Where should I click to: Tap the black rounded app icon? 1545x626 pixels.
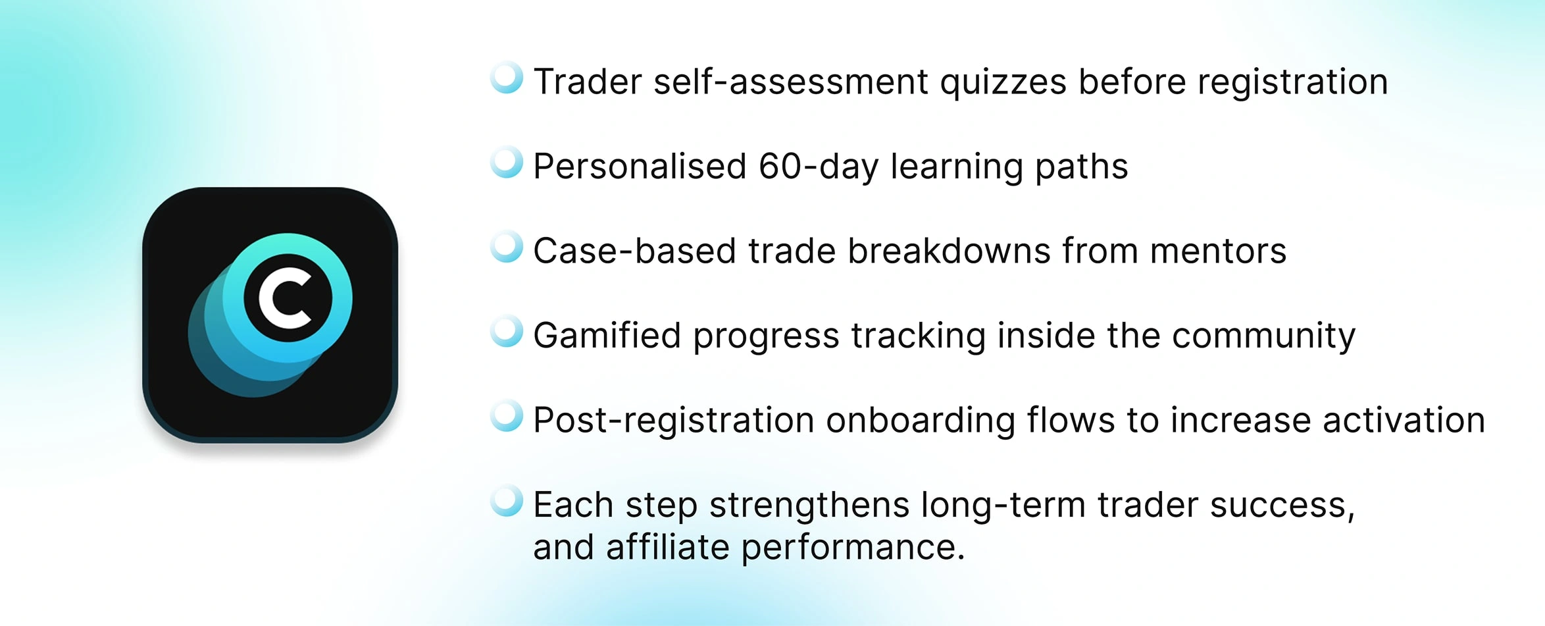click(270, 315)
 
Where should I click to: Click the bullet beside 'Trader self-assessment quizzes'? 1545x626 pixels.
click(507, 78)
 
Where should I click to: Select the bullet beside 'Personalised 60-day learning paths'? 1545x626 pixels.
click(507, 162)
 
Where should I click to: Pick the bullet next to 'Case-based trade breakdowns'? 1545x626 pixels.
click(507, 247)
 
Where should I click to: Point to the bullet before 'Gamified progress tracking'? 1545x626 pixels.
click(507, 331)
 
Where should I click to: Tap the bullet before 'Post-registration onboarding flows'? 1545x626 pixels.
click(507, 416)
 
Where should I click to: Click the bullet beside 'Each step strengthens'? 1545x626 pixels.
click(507, 501)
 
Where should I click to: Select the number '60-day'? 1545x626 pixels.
click(819, 167)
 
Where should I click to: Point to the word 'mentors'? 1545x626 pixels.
click(1218, 251)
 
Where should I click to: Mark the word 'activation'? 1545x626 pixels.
click(1404, 421)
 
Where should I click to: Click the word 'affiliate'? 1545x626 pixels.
click(667, 547)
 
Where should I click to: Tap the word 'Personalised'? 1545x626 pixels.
click(640, 166)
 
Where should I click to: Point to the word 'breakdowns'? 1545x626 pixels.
click(949, 251)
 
